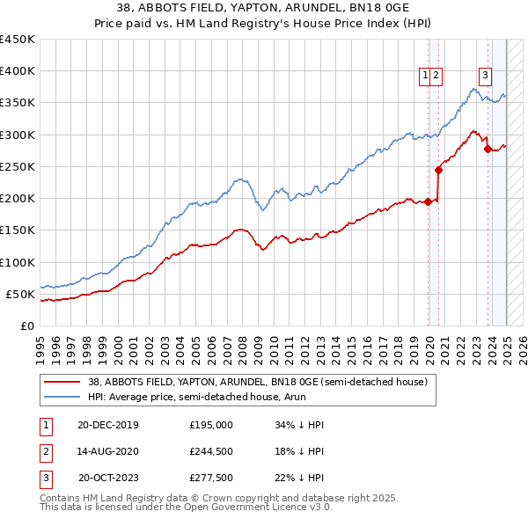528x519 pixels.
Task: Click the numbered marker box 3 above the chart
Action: click(x=485, y=76)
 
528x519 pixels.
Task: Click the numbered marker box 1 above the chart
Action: click(x=426, y=76)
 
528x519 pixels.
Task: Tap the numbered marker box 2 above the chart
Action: click(x=436, y=76)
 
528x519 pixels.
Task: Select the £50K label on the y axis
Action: click(x=20, y=294)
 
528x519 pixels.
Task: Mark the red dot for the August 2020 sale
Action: click(x=438, y=170)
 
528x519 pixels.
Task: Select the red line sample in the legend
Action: click(x=61, y=382)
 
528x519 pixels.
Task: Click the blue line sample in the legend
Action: click(x=61, y=398)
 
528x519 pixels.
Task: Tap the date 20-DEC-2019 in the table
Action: click(x=108, y=425)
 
